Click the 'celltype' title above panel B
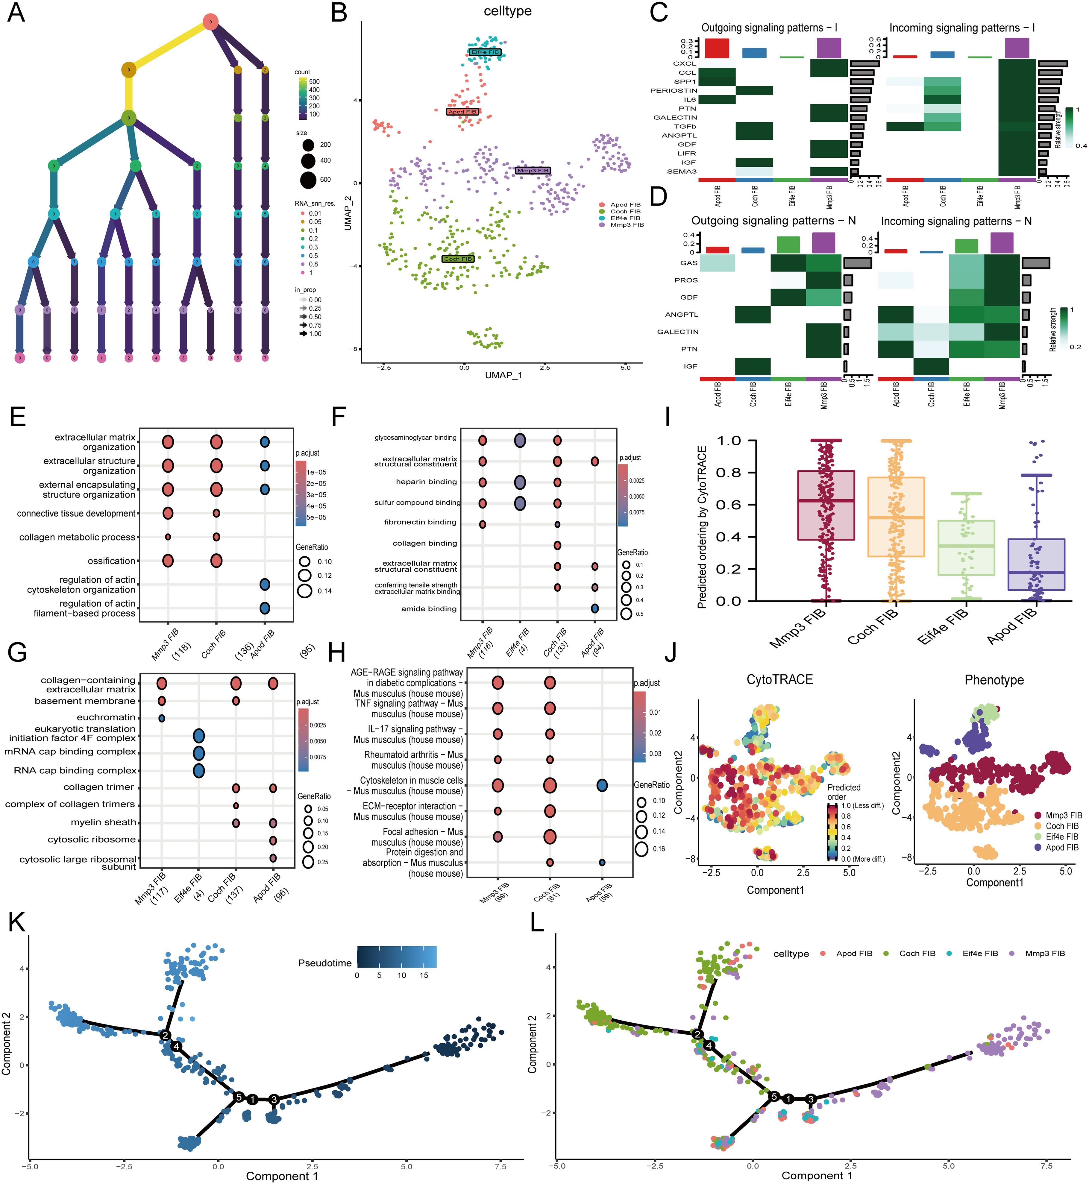[507, 11]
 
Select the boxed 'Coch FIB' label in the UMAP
[458, 259]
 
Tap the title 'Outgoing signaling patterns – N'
[773, 221]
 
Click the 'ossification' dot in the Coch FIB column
[216, 561]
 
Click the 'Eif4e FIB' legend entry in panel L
[980, 953]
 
